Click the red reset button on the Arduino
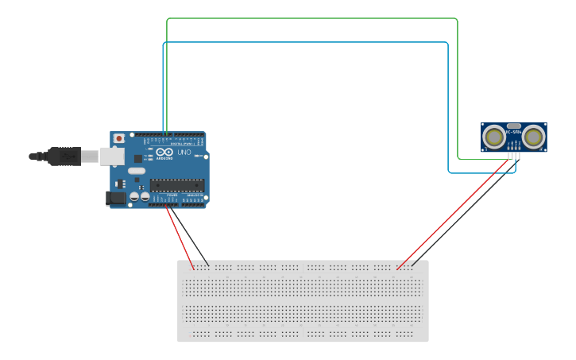(x=119, y=138)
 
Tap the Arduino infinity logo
(x=164, y=153)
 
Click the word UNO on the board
(x=184, y=153)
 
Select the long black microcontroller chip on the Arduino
(x=176, y=185)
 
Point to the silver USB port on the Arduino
(x=111, y=156)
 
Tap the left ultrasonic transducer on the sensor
(x=494, y=137)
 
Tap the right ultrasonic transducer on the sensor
(x=533, y=137)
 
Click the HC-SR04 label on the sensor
(x=513, y=133)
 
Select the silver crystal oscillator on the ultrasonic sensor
(x=513, y=126)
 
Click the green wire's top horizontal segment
(x=310, y=17)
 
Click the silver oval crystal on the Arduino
(x=137, y=171)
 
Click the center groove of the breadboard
(x=303, y=300)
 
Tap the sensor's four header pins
(x=514, y=155)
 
